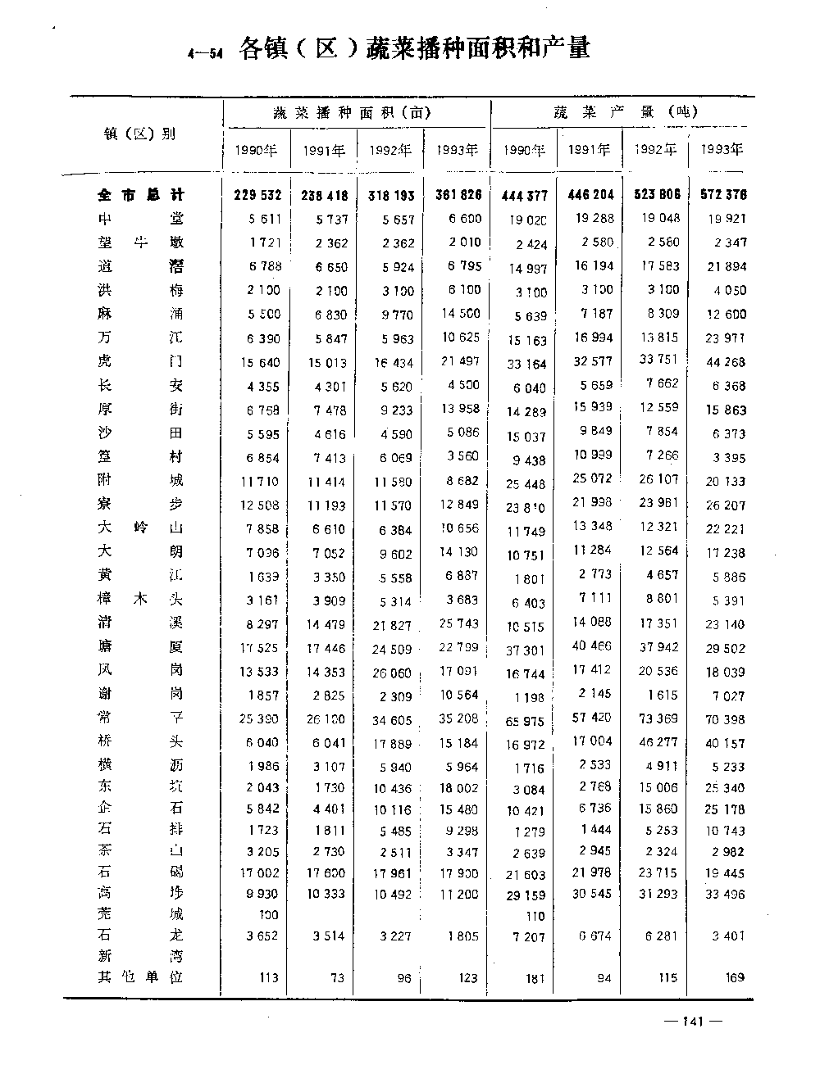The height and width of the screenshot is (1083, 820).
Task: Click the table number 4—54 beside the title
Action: (x=204, y=55)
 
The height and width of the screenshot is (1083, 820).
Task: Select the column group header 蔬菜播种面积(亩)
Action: (x=352, y=113)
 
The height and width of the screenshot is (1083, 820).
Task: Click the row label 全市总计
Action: (x=140, y=195)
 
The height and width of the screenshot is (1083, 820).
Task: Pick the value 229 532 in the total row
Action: (x=257, y=195)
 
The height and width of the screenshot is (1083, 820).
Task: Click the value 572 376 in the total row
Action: (x=723, y=195)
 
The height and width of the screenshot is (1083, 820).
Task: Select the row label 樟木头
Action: (x=140, y=600)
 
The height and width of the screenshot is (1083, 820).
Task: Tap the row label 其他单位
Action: (x=140, y=977)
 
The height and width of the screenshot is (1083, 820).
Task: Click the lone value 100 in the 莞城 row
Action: (x=268, y=915)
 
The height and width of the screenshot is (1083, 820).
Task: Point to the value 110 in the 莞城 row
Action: (x=535, y=916)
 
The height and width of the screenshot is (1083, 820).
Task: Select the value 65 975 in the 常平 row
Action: (x=526, y=722)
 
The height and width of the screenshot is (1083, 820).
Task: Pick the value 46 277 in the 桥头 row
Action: (x=658, y=742)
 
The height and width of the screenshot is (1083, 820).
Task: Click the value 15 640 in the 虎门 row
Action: (x=260, y=362)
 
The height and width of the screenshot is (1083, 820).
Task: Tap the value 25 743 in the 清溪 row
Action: (x=458, y=623)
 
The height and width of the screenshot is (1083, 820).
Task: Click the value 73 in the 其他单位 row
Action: (x=337, y=977)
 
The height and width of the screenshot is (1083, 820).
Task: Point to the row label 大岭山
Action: (x=140, y=528)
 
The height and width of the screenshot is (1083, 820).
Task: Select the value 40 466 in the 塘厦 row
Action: (x=591, y=646)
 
